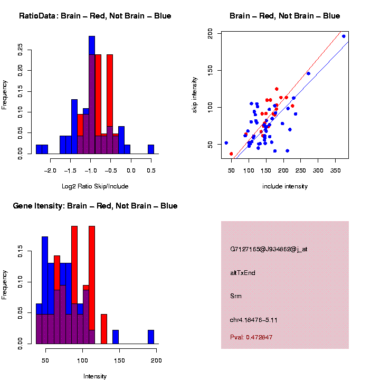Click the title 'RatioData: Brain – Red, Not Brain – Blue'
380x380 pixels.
tap(95, 16)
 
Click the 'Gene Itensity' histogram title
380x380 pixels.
tap(95, 206)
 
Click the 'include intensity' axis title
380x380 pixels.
tap(284, 186)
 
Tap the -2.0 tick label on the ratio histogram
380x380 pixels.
tap(50, 170)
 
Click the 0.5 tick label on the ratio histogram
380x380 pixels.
tap(150, 170)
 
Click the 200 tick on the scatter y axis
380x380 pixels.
tap(211, 34)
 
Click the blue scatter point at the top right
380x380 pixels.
tap(344, 36)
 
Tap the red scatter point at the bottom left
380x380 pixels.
tap(231, 154)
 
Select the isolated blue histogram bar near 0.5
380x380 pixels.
tap(151, 149)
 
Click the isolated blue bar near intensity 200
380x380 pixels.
tap(151, 337)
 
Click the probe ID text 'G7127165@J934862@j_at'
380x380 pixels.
tap(268, 249)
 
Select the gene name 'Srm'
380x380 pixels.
tap(236, 296)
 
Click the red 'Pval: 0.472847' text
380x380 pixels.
tap(251, 337)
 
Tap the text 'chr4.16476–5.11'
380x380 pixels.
tap(254, 319)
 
